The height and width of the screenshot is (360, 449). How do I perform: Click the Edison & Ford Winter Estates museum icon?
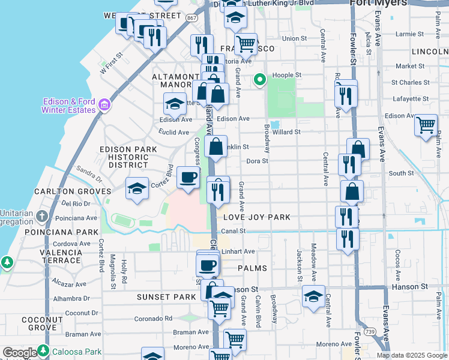[x=104, y=106]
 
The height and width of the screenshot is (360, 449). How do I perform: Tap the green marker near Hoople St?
[x=260, y=79]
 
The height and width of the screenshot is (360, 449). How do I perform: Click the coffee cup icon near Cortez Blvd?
[x=188, y=178]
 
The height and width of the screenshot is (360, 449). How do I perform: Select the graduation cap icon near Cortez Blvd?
[x=137, y=188]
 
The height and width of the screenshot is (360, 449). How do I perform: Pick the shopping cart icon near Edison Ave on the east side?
[x=426, y=125]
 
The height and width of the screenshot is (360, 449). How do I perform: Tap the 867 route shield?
[x=191, y=19]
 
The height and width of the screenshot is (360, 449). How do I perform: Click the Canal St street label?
[x=234, y=230]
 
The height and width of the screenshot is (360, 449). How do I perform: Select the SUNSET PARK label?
[x=166, y=297]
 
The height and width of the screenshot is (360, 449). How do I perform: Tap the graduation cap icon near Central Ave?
[x=313, y=296]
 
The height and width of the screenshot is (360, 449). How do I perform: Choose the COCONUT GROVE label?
[x=42, y=324]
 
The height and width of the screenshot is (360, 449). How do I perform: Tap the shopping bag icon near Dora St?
[x=215, y=146]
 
